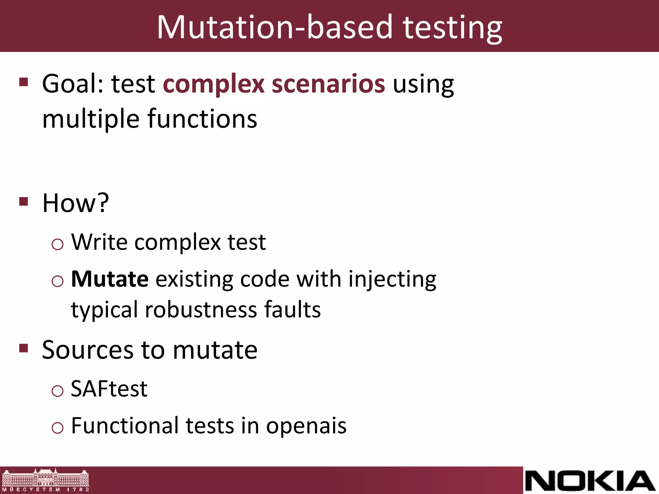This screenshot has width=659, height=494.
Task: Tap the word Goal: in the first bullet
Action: click(74, 84)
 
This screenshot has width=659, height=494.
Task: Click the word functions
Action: click(202, 119)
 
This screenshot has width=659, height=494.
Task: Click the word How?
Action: click(76, 203)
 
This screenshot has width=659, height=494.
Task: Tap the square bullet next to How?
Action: click(24, 202)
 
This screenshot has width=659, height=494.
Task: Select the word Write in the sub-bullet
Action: click(99, 242)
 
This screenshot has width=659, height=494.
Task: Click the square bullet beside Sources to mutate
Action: click(24, 348)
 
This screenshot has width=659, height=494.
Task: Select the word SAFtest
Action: click(109, 389)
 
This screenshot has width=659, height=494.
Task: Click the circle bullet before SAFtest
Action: click(58, 391)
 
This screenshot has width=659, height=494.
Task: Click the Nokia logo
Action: click(590, 481)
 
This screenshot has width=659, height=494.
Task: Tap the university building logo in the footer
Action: click(45, 480)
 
